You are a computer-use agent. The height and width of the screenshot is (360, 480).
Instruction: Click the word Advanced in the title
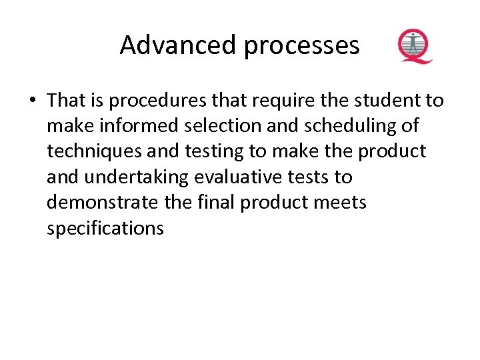tap(178, 45)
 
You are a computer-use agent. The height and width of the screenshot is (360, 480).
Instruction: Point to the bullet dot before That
tap(32, 101)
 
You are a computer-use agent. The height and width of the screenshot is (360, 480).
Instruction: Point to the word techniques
tap(93, 152)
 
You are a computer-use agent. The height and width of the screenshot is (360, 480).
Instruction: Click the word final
tap(215, 202)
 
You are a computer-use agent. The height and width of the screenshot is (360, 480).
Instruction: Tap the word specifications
tap(105, 229)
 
